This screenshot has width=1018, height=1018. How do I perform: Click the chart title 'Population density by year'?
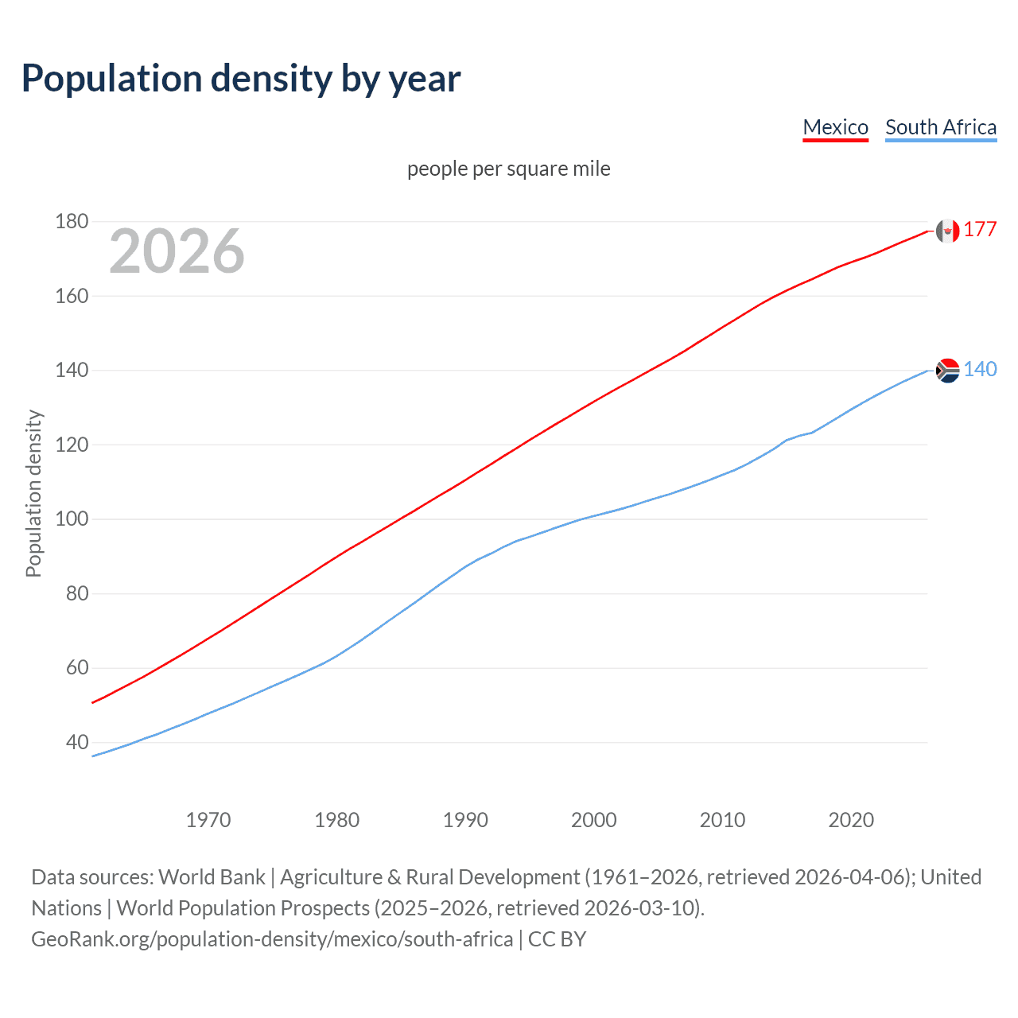coord(241,78)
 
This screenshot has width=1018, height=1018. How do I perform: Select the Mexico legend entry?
coord(835,127)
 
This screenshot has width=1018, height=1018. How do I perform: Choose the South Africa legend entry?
coord(940,127)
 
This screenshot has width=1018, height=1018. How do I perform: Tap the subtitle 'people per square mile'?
coord(508,169)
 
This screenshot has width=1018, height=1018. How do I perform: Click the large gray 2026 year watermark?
coord(177,251)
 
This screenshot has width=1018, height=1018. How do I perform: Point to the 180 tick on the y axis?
coord(72,221)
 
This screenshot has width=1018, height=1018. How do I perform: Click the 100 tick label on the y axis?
coord(72,519)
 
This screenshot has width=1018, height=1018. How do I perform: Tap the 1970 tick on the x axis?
coord(208,820)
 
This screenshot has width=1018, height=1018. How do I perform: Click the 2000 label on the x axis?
coord(593,820)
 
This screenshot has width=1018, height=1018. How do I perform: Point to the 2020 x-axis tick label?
coord(851,820)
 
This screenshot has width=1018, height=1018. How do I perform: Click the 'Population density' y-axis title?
coord(33,493)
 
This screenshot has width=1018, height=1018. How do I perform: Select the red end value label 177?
coord(980,230)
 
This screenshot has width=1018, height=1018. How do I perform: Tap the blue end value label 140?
coord(980,370)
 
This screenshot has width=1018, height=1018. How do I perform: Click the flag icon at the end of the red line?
coord(947,231)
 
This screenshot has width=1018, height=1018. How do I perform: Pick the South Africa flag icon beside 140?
coord(947,371)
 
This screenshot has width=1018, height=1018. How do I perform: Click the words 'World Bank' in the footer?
coord(212,877)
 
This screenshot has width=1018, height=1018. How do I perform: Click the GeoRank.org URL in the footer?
coord(272,939)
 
